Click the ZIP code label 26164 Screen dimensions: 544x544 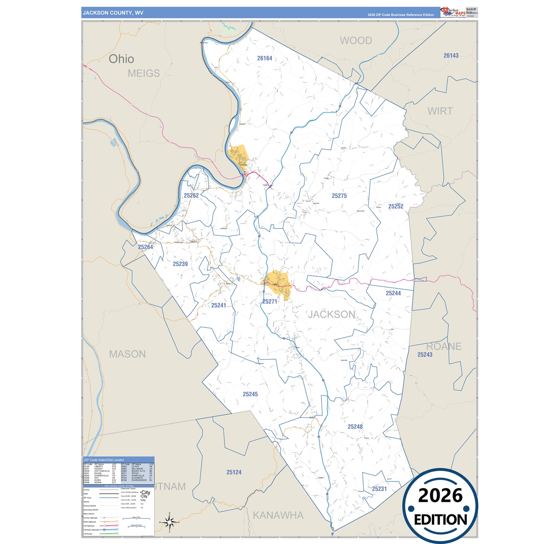(265, 58)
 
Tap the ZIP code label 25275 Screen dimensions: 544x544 (339, 196)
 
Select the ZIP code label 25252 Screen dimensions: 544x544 (396, 206)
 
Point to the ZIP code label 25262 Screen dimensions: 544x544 (191, 195)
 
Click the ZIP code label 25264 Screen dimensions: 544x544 (146, 247)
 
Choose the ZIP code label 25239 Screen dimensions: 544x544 (180, 264)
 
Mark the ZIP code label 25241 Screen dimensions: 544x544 (219, 305)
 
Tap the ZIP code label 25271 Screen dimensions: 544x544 (270, 302)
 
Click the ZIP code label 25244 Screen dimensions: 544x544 (393, 293)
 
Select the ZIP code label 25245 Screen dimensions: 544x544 (250, 394)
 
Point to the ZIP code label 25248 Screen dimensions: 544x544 (355, 427)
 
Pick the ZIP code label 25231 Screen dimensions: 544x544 (379, 489)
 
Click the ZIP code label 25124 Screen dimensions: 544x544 (234, 472)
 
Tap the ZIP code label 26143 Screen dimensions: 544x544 (451, 56)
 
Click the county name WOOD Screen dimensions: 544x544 (356, 41)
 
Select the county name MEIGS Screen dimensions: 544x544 (144, 73)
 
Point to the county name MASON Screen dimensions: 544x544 (127, 354)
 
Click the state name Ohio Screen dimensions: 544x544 (121, 59)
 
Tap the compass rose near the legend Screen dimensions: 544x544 (169, 522)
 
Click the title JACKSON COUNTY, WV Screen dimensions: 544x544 (113, 13)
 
